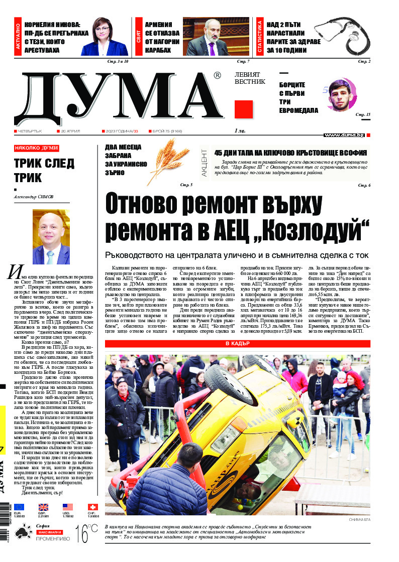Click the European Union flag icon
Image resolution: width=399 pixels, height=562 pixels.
tap(19, 507)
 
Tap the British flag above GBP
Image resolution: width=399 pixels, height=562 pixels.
tap(43, 507)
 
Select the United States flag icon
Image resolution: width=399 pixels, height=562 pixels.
tap(68, 507)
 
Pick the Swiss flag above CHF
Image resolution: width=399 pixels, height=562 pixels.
tap(92, 507)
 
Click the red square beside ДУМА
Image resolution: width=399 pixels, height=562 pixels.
tap(243, 110)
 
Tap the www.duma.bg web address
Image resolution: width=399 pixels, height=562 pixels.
tap(344, 135)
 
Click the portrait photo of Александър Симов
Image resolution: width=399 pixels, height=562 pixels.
tap(51, 236)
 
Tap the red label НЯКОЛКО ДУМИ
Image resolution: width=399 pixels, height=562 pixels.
tap(36, 148)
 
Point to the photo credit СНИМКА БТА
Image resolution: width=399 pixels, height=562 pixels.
tap(359, 519)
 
